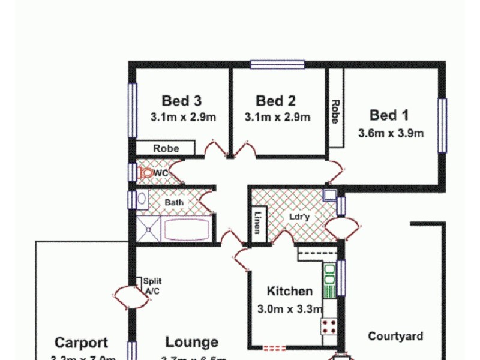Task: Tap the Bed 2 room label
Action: click(275, 101)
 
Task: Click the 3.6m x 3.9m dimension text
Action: click(391, 133)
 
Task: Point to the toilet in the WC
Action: click(146, 173)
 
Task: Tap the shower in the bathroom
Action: click(146, 229)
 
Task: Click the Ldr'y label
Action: click(299, 217)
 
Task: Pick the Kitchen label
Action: click(290, 292)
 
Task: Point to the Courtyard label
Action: click(395, 337)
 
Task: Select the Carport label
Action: click(82, 343)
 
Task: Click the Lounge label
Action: click(192, 343)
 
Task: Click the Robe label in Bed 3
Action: click(166, 148)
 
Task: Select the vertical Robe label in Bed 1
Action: click(335, 112)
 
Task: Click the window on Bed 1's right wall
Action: click(442, 125)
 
